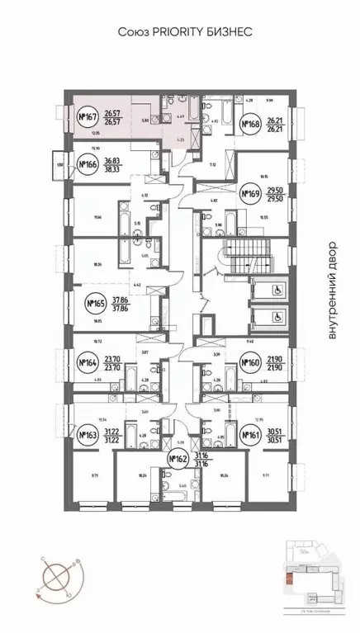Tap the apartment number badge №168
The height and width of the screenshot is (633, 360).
point(251,125)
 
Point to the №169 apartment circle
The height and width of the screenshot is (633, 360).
point(250,195)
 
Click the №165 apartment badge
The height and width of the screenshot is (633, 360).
point(98,304)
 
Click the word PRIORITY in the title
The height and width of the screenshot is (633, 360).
point(168,33)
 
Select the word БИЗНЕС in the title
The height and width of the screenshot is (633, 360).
point(221,33)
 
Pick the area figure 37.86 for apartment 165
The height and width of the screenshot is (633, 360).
point(122,300)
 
